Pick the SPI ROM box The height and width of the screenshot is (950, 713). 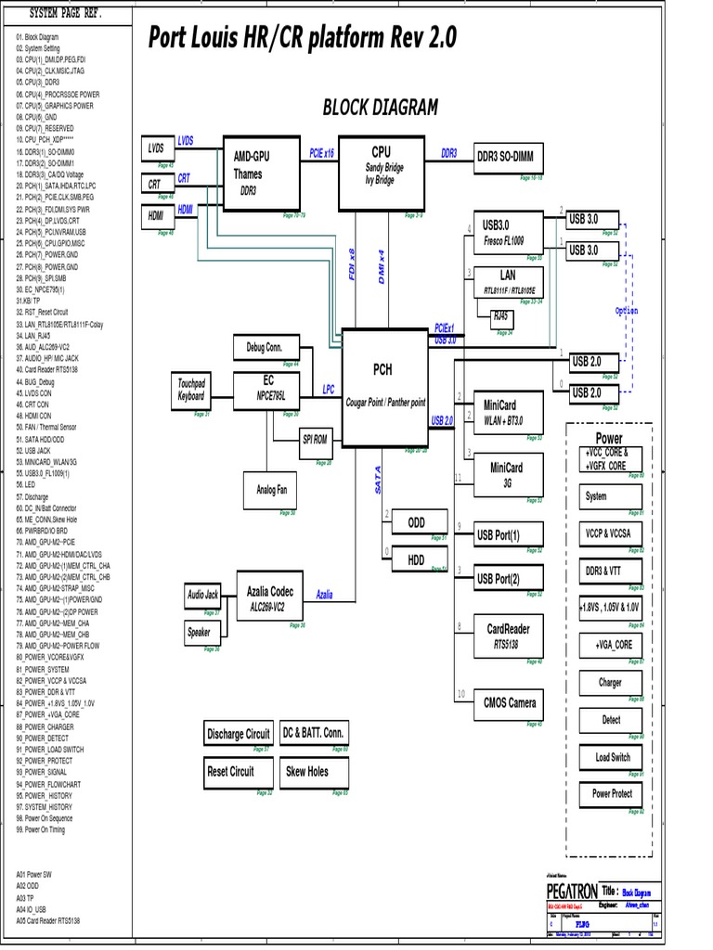click(315, 439)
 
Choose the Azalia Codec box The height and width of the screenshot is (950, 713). click(269, 597)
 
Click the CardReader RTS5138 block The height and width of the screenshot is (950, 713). click(508, 635)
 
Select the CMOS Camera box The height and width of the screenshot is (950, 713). click(509, 702)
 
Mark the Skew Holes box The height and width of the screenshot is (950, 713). click(306, 771)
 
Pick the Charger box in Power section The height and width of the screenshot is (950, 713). click(610, 683)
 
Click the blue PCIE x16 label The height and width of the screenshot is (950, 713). click(321, 152)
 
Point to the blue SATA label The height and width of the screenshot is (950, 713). click(378, 480)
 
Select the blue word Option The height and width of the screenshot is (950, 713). click(627, 311)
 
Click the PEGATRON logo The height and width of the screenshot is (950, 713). click(573, 890)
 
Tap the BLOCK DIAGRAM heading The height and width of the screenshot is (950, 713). click(380, 108)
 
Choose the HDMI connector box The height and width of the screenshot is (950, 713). click(154, 216)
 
